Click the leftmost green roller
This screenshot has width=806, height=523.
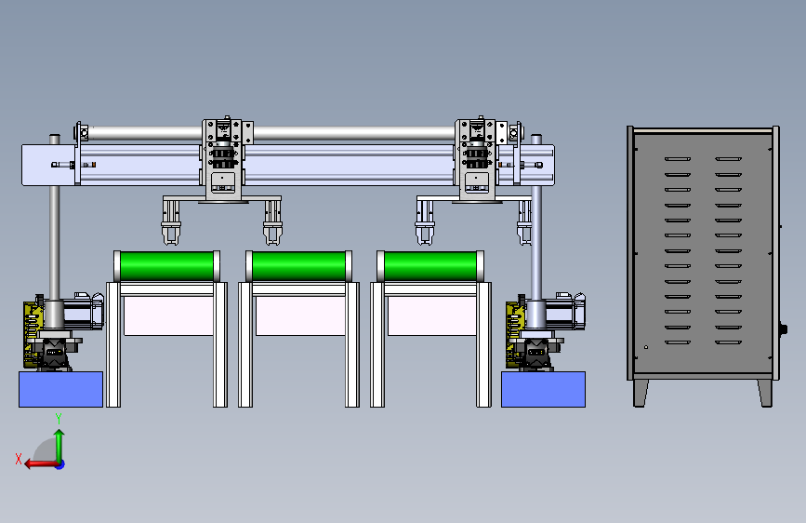[166, 265]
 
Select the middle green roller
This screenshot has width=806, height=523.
[298, 265]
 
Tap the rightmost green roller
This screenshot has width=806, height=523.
[430, 265]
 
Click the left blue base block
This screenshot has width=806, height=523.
[60, 389]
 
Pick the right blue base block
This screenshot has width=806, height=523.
[543, 389]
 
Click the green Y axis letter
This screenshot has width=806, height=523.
[59, 419]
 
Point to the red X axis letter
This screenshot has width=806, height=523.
[19, 459]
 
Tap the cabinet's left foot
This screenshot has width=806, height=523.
[641, 394]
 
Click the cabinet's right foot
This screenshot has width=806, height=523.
[765, 394]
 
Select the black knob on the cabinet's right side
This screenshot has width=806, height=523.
[784, 329]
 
